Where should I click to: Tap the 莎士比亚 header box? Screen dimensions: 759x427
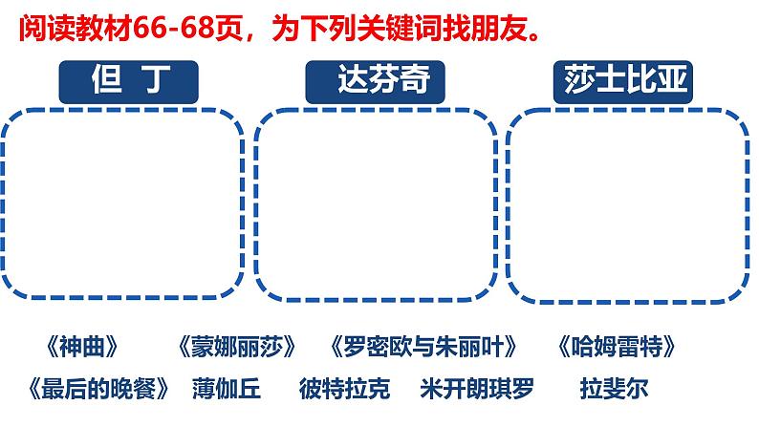pos(622,81)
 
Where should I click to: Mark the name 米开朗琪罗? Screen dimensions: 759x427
pos(477,389)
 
